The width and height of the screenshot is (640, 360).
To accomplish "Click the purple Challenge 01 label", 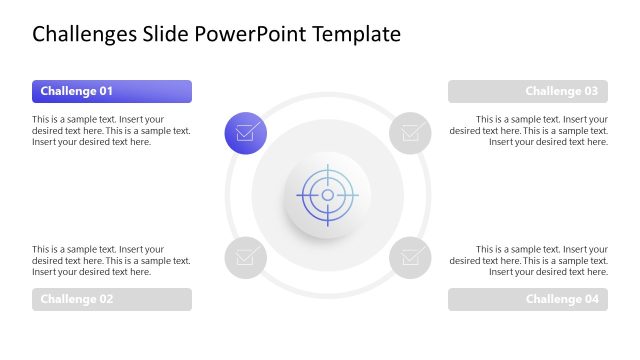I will point(111,92).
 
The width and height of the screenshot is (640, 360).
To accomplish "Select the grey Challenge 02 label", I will point(111,299).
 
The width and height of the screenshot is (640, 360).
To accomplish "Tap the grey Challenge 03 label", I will point(527,92).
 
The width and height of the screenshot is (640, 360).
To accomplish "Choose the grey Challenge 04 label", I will point(527,299).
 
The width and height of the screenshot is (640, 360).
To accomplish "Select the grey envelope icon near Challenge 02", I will point(245,257).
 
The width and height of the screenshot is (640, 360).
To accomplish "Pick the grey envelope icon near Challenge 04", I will point(410,257).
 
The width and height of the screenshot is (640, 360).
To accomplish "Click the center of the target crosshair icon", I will point(327,195).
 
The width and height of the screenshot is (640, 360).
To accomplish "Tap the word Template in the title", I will point(357,34).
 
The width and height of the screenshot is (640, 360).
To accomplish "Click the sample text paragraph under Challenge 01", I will point(111,130).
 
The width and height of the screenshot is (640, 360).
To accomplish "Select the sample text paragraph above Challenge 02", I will point(111,260).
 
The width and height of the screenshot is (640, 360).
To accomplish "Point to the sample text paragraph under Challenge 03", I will point(529,130).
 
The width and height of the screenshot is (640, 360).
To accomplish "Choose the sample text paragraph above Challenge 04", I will point(529,260).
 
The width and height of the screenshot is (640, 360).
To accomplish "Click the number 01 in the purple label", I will point(104,92).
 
